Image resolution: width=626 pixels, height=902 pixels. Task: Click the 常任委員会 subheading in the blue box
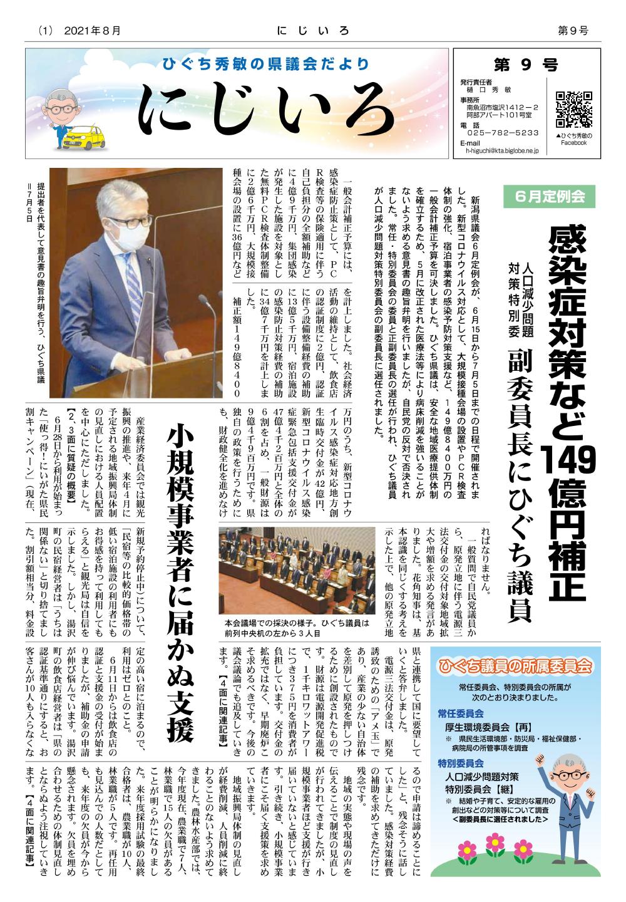(x=461, y=713)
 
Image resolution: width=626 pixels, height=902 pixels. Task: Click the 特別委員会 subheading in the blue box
(x=461, y=764)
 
